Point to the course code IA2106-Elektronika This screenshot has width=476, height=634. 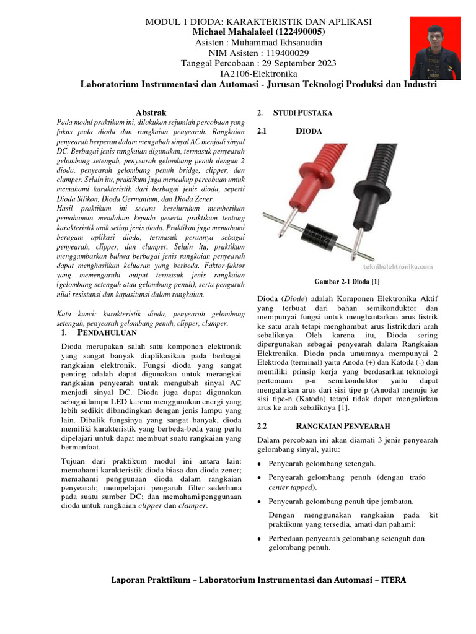[258, 74]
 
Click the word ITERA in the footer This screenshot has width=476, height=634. [394, 580]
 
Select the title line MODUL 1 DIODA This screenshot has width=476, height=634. [258, 22]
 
